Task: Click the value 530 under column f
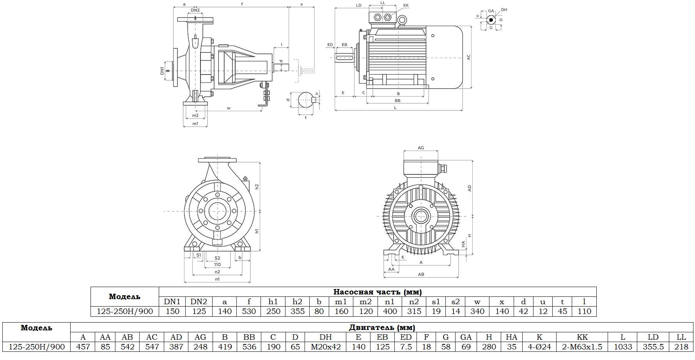coord(248,311)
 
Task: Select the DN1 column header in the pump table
coord(172,301)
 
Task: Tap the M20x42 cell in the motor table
coord(326,347)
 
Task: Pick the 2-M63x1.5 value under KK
coord(582,347)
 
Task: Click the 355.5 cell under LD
coord(653,347)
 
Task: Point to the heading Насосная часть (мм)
coord(377,292)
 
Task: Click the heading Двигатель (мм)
coord(381,327)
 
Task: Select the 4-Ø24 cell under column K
coord(539,347)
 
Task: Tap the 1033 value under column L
coord(622,347)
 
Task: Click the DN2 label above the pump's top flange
coord(195,10)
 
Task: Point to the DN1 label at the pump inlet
coord(162,71)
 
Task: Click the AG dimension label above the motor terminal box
coord(421,148)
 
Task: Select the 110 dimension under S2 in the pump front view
coord(217,264)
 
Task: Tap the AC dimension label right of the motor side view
coord(468,57)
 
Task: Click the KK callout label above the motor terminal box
coord(406,5)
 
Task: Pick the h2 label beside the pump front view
coord(257,186)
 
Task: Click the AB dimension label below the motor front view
coord(421,274)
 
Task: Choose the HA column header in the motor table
coord(511,337)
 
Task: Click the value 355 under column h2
coord(297,311)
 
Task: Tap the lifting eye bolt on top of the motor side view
coord(402,20)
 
